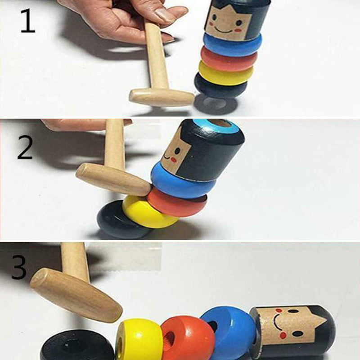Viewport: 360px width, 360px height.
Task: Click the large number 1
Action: (28, 21)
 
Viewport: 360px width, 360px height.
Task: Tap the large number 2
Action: (25, 147)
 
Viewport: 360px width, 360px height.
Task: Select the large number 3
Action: (19, 267)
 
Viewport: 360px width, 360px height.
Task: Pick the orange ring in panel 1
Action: (229, 58)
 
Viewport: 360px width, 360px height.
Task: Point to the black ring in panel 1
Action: (220, 85)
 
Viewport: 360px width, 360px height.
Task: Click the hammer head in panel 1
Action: (162, 98)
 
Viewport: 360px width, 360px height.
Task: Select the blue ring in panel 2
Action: (183, 179)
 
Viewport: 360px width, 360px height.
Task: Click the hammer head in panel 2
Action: (113, 180)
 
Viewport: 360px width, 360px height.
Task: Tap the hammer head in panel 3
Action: (76, 296)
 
